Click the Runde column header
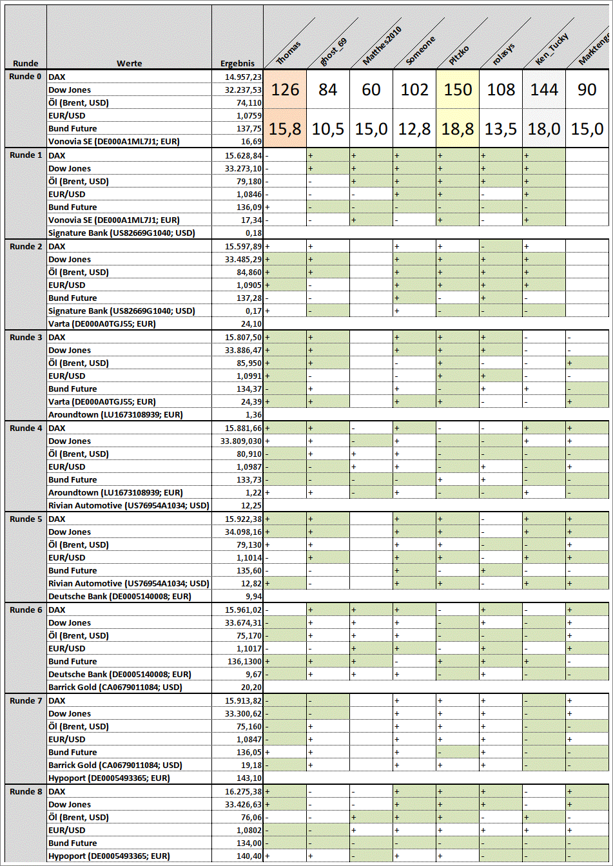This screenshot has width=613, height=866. pos(25,63)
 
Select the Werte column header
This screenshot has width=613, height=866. pos(129,63)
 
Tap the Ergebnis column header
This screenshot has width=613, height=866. pos(237,63)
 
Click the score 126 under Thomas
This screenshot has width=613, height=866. pos(285,90)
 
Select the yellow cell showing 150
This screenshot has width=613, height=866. pos(458,90)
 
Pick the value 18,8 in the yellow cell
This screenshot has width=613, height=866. pos(458,129)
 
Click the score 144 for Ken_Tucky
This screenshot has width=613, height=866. pos(544,90)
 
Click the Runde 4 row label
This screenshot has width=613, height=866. pos(26,428)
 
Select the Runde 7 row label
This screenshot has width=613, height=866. pos(26,700)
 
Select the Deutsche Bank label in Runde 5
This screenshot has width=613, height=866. pos(120,596)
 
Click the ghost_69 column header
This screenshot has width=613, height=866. pos(333,52)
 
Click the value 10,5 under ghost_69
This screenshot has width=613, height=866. pos(328,129)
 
